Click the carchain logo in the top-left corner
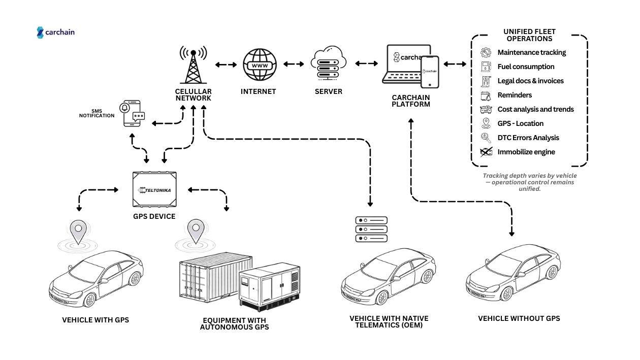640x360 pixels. [56, 32]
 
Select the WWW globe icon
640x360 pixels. [260, 64]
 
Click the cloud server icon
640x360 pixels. [328, 63]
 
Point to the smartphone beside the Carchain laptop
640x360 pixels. [430, 72]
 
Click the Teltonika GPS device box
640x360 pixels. [155, 189]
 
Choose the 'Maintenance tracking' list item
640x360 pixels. [531, 52]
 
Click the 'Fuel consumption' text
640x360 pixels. [526, 67]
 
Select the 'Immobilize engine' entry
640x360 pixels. [526, 152]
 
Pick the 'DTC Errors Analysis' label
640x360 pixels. [528, 138]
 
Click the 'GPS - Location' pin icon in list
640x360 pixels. [486, 123]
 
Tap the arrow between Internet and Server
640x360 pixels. [294, 64]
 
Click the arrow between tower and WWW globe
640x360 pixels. [226, 64]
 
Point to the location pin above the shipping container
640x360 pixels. [195, 232]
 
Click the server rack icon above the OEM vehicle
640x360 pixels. [371, 229]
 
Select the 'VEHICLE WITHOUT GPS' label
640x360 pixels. [519, 318]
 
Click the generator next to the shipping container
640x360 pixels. [270, 287]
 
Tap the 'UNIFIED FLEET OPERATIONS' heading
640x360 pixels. [529, 35]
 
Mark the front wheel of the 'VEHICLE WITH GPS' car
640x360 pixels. [90, 300]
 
